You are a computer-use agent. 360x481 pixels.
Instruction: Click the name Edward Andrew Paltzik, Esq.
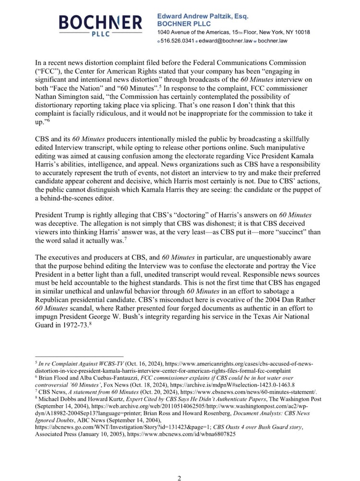point(203,16)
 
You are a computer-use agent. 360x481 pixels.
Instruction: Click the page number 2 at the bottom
point(179,464)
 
